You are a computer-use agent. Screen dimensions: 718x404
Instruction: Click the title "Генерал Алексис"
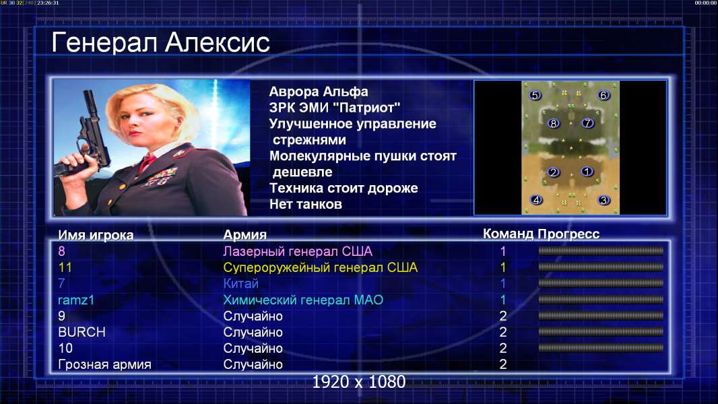pos(161,42)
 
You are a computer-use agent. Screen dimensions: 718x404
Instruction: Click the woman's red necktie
pos(147,162)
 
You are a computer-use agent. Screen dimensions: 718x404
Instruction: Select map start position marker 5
pos(535,95)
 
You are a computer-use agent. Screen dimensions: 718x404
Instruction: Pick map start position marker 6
pos(603,95)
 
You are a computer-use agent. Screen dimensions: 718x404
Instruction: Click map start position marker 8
pos(554,123)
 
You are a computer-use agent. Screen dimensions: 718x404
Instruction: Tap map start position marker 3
pos(603,200)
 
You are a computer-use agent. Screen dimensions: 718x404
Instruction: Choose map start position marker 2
pos(554,172)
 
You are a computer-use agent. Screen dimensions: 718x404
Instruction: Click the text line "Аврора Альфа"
pos(318,92)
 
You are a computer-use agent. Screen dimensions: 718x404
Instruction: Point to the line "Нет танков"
pos(305,204)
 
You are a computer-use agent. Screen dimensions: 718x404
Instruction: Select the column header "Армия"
pos(244,235)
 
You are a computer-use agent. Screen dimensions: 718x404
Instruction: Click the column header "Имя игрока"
pos(96,235)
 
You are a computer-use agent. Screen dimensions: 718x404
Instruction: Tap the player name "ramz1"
pos(76,300)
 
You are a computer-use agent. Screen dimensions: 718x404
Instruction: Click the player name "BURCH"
pos(81,332)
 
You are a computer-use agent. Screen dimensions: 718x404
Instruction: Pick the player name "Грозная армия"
pos(104,365)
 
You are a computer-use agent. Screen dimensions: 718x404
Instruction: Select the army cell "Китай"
pos(241,283)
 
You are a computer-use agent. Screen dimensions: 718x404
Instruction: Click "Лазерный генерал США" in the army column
pos(298,251)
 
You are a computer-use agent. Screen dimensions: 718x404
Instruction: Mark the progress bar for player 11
pos(601,267)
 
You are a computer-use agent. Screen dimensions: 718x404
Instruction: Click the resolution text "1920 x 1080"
pos(359,382)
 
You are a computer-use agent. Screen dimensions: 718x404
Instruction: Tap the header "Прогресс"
pos(568,234)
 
